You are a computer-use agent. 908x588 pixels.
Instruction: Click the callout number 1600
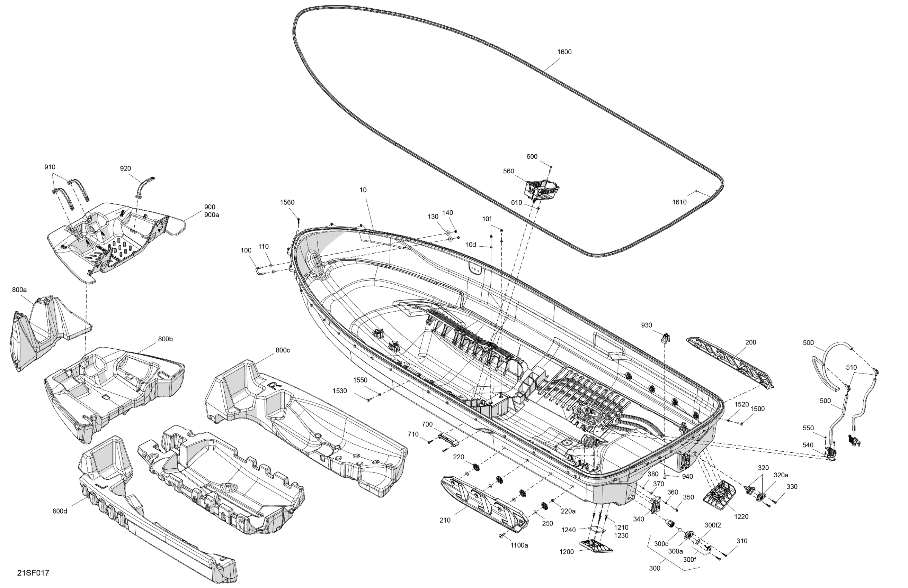(564, 52)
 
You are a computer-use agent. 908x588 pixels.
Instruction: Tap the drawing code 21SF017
(33, 573)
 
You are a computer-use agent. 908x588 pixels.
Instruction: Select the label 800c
(283, 350)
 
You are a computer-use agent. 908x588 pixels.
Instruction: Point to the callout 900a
(212, 215)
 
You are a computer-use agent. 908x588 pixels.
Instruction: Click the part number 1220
(741, 517)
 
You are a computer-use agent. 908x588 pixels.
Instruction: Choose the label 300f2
(713, 525)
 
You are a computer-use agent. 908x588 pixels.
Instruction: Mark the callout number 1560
(287, 202)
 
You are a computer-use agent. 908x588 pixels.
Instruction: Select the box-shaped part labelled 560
(542, 190)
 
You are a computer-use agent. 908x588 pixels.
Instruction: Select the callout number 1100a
(519, 545)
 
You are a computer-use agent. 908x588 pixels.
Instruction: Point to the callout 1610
(679, 202)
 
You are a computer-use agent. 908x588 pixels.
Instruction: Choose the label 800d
(60, 511)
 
